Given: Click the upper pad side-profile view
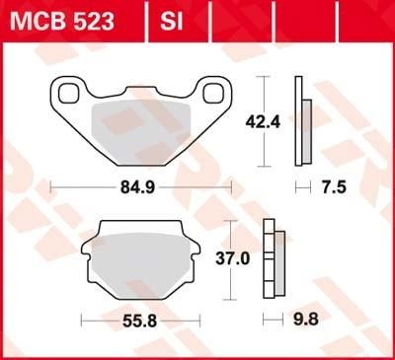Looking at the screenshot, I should (304, 123).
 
